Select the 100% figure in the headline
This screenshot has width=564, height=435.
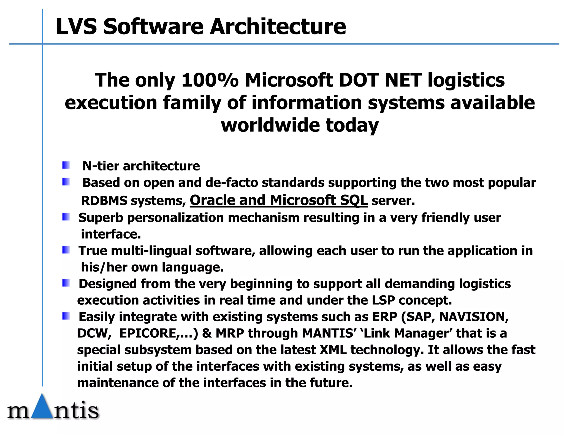210,80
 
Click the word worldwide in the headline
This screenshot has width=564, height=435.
270,125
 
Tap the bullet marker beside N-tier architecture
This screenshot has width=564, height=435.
66,165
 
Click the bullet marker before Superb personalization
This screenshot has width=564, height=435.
66,217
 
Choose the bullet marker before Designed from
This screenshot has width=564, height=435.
66,283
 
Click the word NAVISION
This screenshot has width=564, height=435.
473,317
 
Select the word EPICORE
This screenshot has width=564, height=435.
148,333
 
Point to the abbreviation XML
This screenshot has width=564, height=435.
333,350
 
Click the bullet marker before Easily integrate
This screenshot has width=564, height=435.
66,316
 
